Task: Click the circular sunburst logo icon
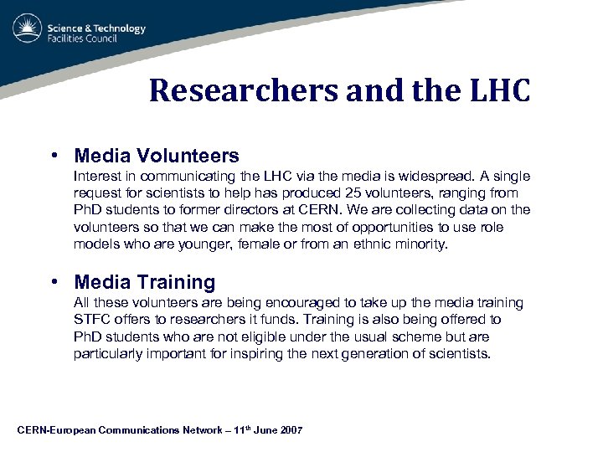pyautogui.click(x=27, y=29)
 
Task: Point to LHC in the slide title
pyautogui.click(x=500, y=90)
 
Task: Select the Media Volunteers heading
pyautogui.click(x=157, y=156)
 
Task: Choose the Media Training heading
pyautogui.click(x=145, y=282)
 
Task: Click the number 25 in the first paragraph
pyautogui.click(x=354, y=193)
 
